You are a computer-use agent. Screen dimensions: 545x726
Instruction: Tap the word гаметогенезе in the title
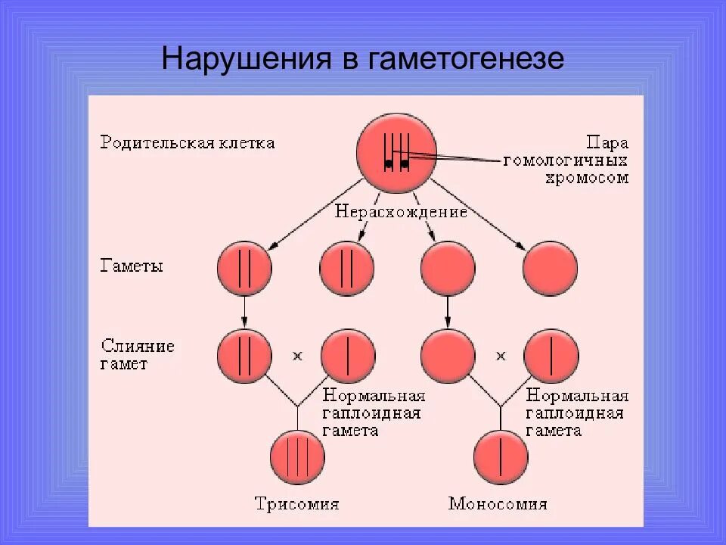[466, 59]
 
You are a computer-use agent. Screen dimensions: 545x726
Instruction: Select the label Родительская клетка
[188, 143]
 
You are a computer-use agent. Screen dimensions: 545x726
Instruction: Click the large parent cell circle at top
[396, 152]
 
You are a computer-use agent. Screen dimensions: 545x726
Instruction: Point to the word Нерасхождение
[401, 212]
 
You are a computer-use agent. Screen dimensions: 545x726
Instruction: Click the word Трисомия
[296, 504]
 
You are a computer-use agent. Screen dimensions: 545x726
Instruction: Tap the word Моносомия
[498, 504]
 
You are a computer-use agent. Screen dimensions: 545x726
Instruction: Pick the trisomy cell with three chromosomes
[297, 455]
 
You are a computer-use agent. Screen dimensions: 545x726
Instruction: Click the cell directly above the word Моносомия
[501, 455]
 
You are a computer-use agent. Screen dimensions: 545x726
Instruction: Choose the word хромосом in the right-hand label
[587, 179]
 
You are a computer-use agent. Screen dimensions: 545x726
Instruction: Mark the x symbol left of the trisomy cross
[297, 355]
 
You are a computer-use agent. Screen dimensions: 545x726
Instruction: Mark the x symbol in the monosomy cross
[500, 355]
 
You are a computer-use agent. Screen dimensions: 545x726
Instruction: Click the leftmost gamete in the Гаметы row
[244, 269]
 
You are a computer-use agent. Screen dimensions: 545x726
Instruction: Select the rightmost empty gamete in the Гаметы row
[550, 269]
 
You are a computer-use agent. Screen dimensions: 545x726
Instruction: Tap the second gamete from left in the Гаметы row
[347, 269]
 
